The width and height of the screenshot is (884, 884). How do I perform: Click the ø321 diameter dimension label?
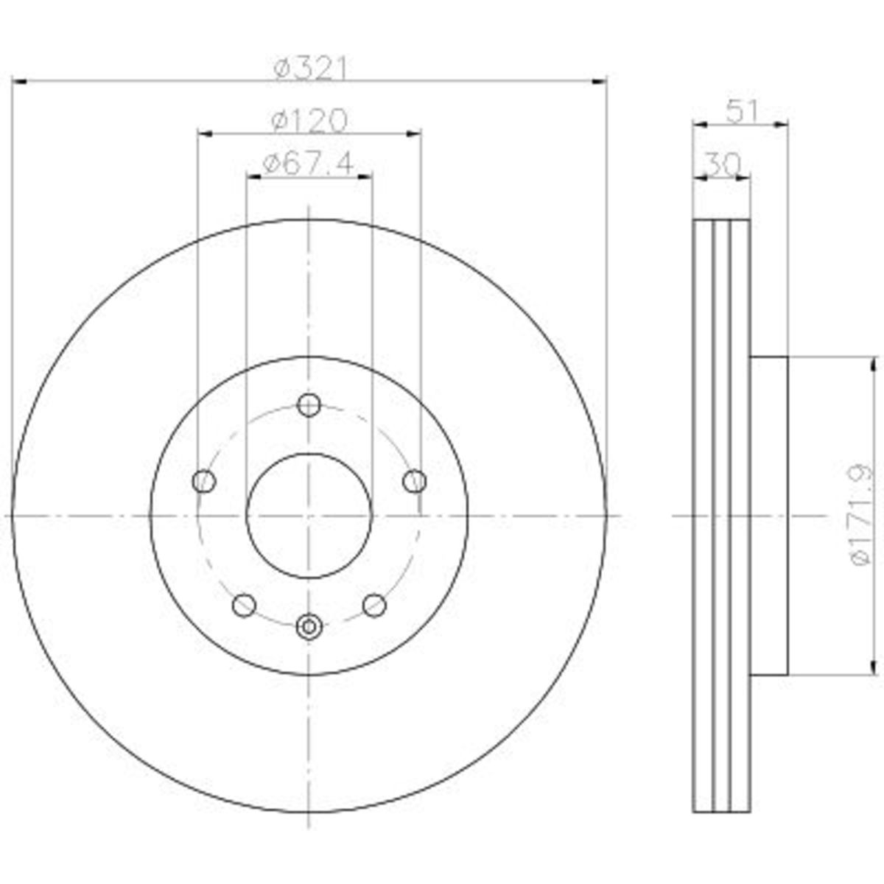click(309, 68)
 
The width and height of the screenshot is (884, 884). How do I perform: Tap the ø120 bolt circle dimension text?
click(309, 121)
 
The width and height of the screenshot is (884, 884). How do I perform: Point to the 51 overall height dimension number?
click(740, 111)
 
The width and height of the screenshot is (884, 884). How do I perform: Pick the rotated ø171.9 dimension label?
click(861, 515)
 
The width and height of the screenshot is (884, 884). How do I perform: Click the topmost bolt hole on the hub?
click(309, 405)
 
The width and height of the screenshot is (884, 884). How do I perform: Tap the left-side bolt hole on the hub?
click(204, 481)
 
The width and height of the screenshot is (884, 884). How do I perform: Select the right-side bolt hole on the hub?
click(415, 481)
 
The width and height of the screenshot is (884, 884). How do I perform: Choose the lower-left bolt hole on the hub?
click(244, 605)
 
